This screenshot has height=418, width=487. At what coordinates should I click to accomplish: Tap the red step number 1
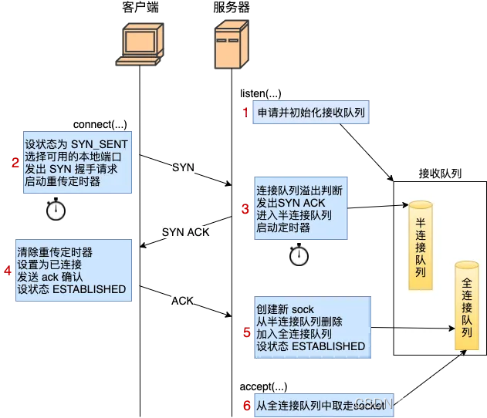(246, 113)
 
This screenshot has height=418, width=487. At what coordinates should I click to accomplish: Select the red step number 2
(15, 162)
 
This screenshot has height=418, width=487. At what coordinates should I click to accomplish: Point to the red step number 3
(245, 208)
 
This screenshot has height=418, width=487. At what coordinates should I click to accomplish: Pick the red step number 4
(8, 271)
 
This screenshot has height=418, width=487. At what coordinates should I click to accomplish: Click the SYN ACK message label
(185, 232)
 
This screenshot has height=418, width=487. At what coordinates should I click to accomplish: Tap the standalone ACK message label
(182, 301)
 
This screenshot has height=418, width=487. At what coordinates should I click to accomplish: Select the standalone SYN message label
(183, 167)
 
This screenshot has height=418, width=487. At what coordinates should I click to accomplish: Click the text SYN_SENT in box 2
(100, 144)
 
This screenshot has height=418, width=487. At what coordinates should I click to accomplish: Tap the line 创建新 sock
(285, 310)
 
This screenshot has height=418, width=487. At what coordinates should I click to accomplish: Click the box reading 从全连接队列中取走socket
(320, 405)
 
